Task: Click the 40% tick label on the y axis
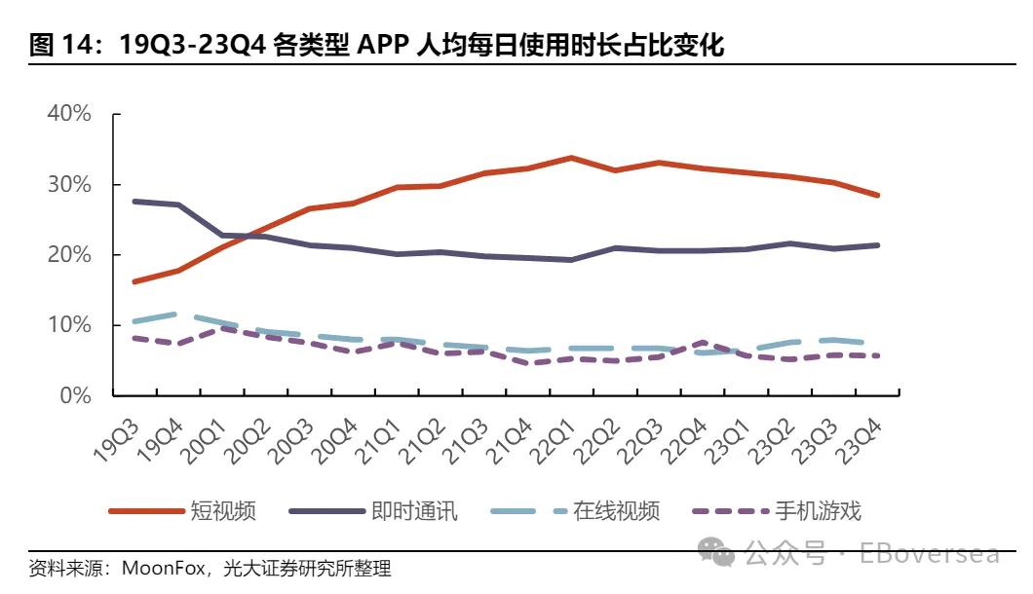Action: [x=68, y=114]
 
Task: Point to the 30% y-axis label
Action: [x=68, y=185]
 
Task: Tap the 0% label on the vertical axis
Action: [x=74, y=395]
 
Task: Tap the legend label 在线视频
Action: [x=616, y=510]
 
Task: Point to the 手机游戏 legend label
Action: [x=819, y=510]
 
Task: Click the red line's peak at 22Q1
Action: [x=570, y=158]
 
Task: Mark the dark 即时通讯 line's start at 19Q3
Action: [x=134, y=202]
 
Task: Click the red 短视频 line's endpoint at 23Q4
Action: [x=877, y=195]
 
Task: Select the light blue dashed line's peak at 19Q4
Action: [x=176, y=314]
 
